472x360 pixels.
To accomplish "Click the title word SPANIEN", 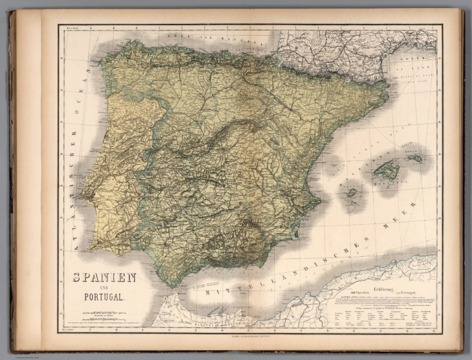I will pyautogui.click(x=104, y=277).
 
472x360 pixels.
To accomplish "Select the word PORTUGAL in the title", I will pyautogui.click(x=104, y=299).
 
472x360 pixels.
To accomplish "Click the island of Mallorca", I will pyautogui.click(x=387, y=170).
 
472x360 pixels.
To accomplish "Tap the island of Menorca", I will pyautogui.click(x=415, y=158).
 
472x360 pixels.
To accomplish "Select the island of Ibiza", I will pyautogui.click(x=352, y=193).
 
